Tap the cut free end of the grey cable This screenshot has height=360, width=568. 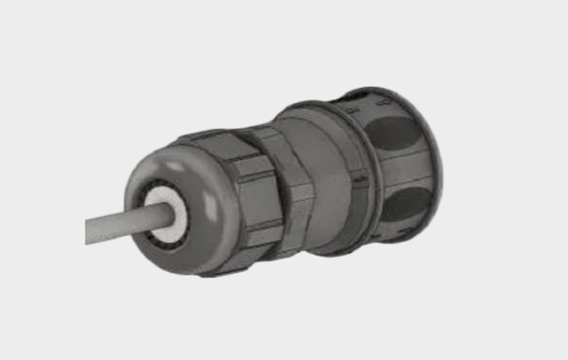pos(88,231)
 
